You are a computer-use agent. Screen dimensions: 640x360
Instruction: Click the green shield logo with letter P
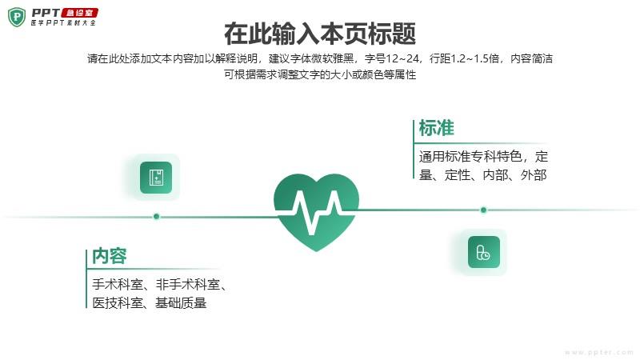coord(17,17)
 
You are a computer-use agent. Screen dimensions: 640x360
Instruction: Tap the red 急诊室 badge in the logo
coord(79,13)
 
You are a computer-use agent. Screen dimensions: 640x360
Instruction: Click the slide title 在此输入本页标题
coord(320,34)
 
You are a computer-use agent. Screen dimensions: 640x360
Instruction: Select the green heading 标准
coord(436,128)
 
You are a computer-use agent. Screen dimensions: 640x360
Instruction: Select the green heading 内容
coord(110,256)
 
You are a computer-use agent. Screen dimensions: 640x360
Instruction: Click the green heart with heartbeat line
coord(316,212)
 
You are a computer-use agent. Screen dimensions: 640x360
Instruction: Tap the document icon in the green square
coord(156,178)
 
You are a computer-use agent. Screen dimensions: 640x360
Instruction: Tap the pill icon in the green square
coord(484,252)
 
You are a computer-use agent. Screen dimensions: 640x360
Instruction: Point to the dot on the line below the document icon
coord(156,216)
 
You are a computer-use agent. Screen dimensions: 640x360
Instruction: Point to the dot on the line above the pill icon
coord(484,210)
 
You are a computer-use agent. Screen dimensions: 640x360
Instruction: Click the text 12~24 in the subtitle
coord(402,58)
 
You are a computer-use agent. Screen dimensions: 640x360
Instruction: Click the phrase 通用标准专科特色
coord(470,156)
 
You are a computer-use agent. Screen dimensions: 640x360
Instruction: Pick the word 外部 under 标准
coord(534,175)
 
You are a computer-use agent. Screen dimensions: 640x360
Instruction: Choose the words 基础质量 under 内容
coord(181,303)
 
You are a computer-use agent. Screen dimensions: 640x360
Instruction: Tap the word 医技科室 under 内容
coord(118,303)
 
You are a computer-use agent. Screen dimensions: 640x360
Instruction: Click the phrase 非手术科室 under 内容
coord(188,284)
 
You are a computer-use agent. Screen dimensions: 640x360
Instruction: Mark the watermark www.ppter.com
coord(598,352)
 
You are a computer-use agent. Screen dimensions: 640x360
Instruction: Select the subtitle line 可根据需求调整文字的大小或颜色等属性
coord(320,74)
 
